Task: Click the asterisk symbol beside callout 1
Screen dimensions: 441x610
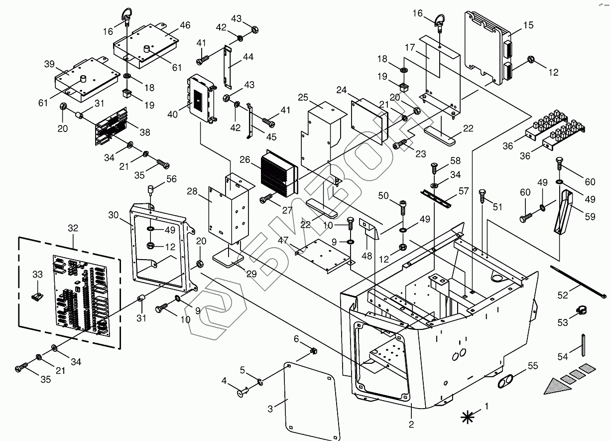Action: tap(468, 417)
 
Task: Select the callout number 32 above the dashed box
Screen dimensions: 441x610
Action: tap(73, 228)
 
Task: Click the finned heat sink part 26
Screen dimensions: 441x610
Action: tap(278, 172)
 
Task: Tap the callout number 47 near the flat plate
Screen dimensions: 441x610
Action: tap(283, 240)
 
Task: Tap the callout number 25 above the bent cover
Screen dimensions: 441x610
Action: tap(303, 97)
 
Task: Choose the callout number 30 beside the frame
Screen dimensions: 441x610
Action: tap(113, 215)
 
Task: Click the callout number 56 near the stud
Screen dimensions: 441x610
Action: tap(171, 179)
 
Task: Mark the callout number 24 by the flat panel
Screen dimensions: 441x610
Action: tap(341, 90)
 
